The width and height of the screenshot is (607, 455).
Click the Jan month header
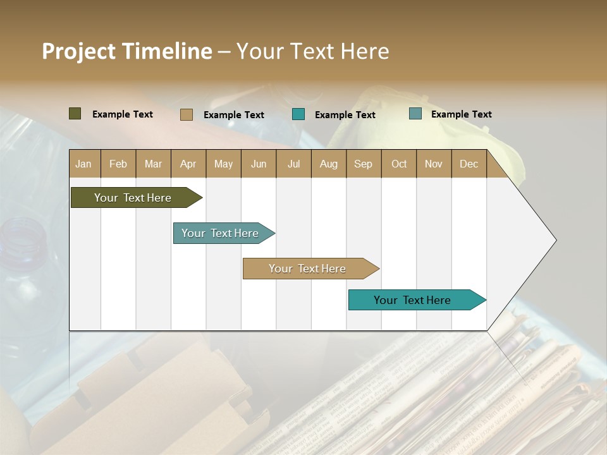[83, 164]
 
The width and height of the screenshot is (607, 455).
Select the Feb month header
[118, 164]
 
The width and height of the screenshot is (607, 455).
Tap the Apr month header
[188, 164]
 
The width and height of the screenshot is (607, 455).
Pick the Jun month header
[259, 164]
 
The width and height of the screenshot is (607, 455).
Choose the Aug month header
[328, 164]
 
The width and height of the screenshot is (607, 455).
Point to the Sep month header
[363, 164]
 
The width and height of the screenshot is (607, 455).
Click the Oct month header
[399, 164]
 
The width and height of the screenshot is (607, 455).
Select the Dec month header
[469, 164]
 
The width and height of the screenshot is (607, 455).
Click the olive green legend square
[75, 114]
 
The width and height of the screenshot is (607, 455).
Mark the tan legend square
[186, 114]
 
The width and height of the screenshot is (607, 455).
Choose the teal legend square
[298, 114]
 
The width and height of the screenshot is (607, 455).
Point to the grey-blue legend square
[415, 114]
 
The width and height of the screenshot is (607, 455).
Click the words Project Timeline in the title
[126, 51]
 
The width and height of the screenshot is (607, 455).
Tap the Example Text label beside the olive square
[123, 114]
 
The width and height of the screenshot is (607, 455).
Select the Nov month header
[434, 164]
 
